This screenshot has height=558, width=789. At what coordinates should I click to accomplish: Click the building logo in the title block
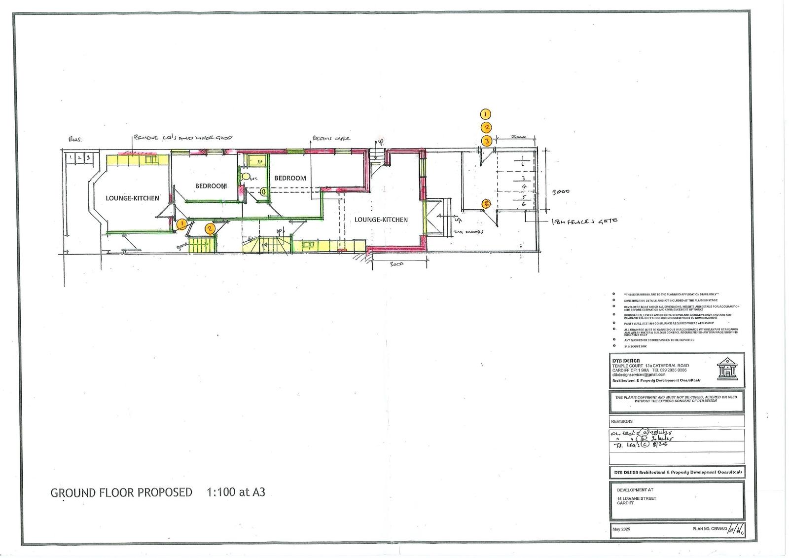point(726,370)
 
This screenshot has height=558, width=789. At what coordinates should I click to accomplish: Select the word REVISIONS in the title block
point(621,422)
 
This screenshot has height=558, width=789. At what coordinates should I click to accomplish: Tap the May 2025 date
point(621,529)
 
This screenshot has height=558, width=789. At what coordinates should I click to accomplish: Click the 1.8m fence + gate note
point(585,222)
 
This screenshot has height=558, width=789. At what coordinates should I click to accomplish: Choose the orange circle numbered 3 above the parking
point(486,141)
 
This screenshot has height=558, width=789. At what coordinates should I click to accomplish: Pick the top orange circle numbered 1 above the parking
point(486,114)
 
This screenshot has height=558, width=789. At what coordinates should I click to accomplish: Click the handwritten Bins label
point(74,140)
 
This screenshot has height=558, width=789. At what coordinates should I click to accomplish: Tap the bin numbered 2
point(79,158)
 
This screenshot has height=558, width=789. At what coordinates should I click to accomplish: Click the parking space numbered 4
point(523,187)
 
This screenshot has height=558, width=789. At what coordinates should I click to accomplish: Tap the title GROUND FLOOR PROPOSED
point(121,492)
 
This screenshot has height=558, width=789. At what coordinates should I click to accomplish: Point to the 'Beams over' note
point(330,139)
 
